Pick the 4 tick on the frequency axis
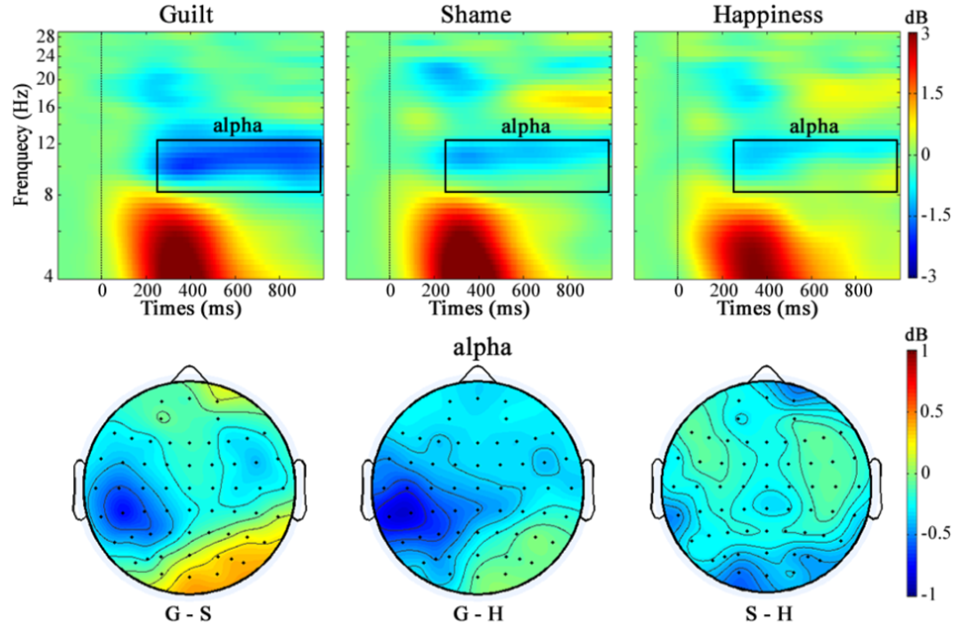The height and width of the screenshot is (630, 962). click(x=28, y=277)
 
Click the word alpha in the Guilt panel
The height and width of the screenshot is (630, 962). click(x=238, y=126)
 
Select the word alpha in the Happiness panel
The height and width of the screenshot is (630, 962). click(x=814, y=126)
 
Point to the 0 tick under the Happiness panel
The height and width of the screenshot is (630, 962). click(x=678, y=292)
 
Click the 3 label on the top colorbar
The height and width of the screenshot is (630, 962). click(x=925, y=35)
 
